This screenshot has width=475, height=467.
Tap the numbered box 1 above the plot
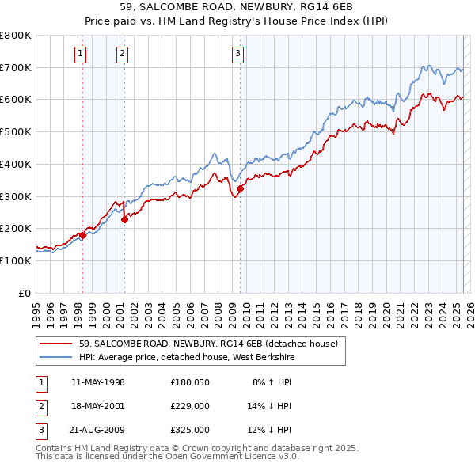tap(82, 54)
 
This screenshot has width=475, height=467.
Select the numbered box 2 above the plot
tap(123, 54)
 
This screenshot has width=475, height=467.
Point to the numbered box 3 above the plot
tap(238, 54)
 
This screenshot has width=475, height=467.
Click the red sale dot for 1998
tap(82, 235)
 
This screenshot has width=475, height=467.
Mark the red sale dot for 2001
tap(124, 220)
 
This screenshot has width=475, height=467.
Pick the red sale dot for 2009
tap(240, 188)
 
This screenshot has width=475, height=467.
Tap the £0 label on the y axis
tap(24, 293)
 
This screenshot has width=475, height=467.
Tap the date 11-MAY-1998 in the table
tap(98, 382)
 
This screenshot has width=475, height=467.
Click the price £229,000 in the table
tap(189, 406)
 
